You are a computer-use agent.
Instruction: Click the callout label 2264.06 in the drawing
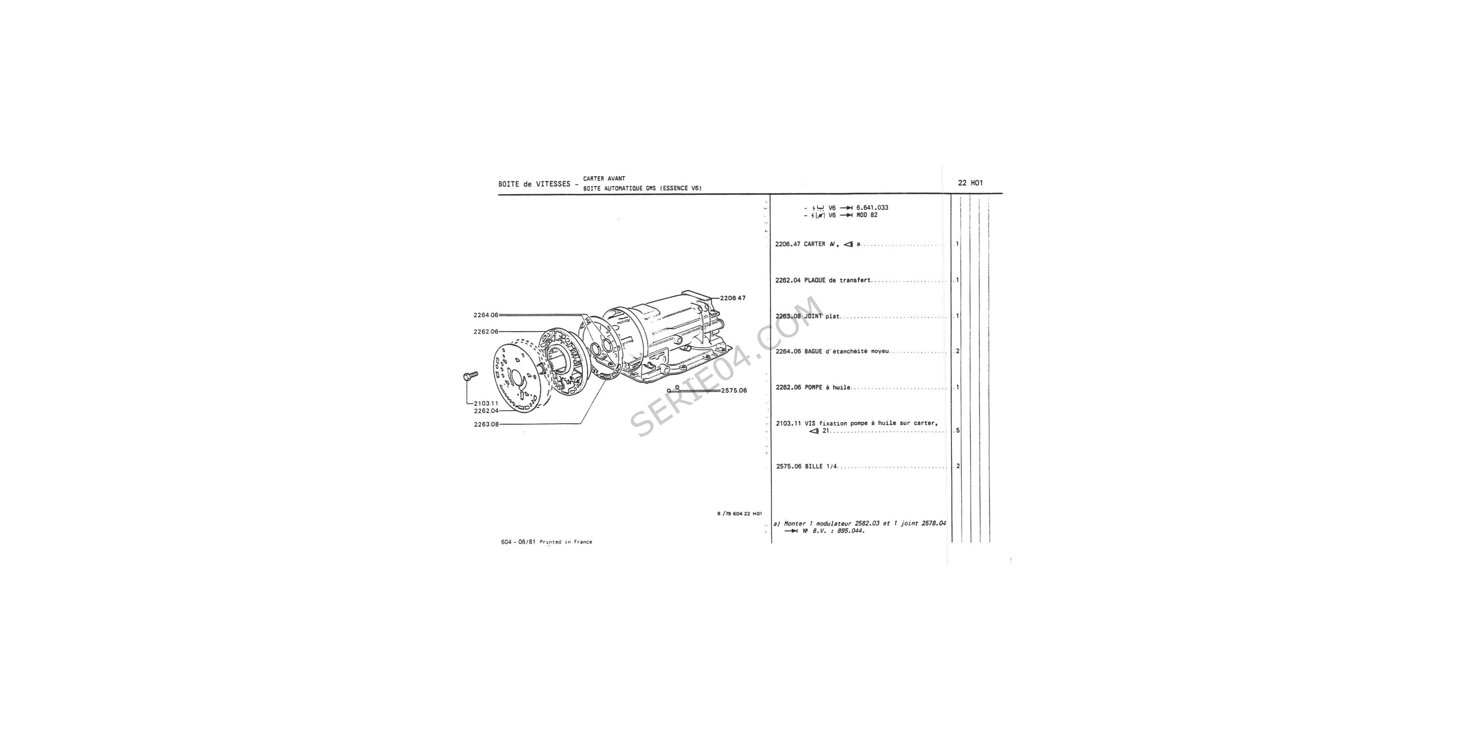pos(486,315)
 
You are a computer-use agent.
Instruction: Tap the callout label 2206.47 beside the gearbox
pos(733,298)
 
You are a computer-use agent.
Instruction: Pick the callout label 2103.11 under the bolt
pos(486,404)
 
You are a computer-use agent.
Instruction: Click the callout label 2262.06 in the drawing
pos(486,332)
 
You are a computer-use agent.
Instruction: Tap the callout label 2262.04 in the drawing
pos(486,411)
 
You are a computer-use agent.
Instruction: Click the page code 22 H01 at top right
pos(970,183)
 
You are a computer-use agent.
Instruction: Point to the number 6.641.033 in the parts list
pos(872,208)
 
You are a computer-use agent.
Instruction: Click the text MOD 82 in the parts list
pos(867,215)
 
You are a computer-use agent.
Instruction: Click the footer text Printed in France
pos(566,542)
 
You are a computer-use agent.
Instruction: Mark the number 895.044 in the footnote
pos(851,531)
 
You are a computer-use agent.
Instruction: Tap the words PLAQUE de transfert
pos(838,280)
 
